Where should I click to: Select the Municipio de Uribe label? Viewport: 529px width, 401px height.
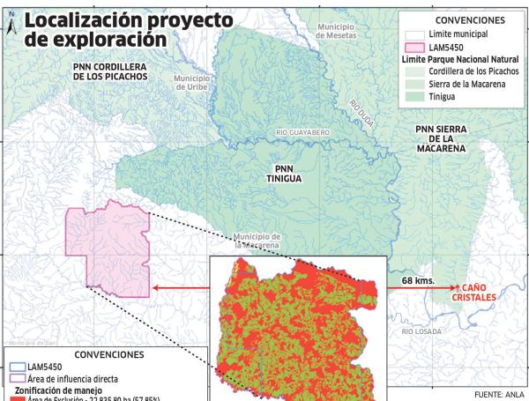pos(192,83)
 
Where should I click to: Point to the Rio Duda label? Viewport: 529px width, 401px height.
pos(361,112)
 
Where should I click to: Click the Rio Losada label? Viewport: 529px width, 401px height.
pos(421,331)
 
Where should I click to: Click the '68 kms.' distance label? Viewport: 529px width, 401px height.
pos(418,280)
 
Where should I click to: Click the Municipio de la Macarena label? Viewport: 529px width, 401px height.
pos(257,241)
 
